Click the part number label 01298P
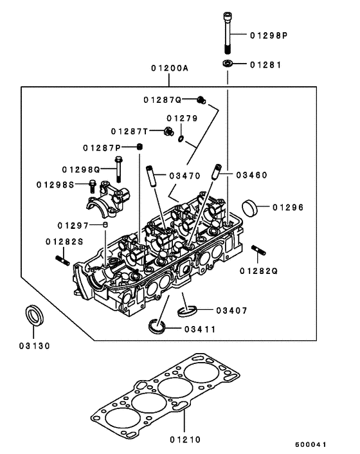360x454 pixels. click(x=269, y=36)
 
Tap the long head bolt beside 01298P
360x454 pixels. click(x=228, y=34)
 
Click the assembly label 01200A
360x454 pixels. click(x=170, y=68)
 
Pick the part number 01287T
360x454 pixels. click(x=129, y=131)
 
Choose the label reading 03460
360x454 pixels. click(x=251, y=175)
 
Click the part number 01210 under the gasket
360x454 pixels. click(x=185, y=440)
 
